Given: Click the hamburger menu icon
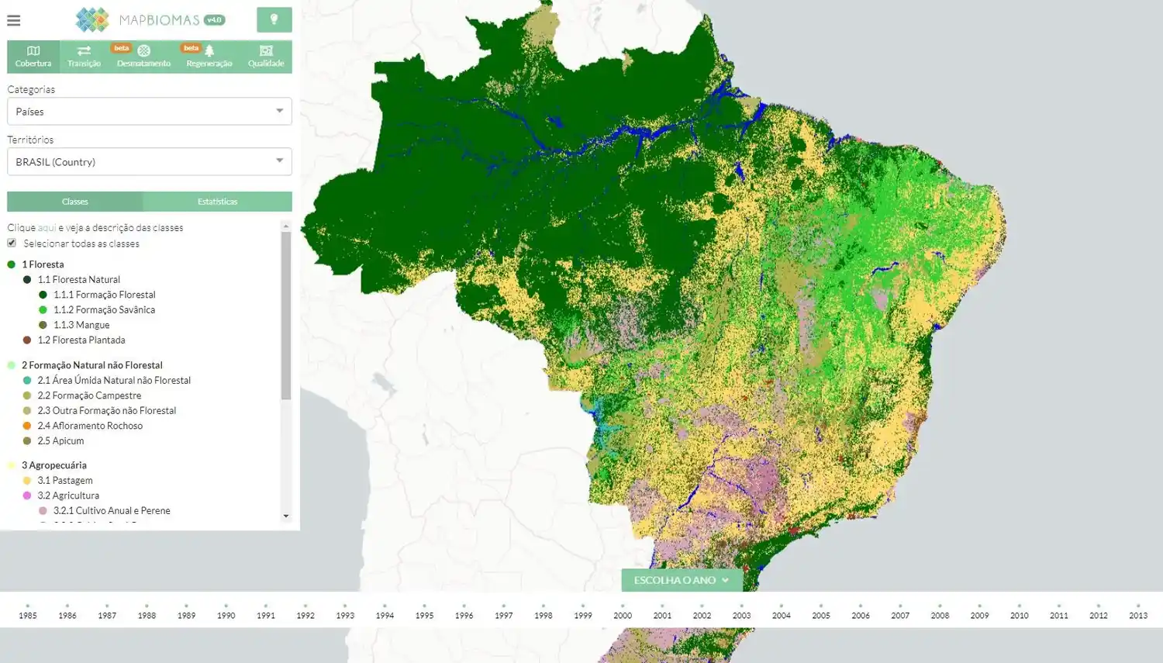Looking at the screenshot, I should click(x=14, y=20).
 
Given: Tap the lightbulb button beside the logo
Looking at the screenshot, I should click(x=274, y=19).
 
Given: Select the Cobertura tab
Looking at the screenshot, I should click(x=33, y=57).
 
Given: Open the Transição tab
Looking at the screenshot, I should click(x=84, y=57).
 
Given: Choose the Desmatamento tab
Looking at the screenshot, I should click(x=143, y=57).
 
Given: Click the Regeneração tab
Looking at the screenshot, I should click(x=209, y=57).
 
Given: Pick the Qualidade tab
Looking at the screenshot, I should click(x=266, y=57).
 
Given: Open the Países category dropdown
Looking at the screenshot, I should click(x=149, y=111).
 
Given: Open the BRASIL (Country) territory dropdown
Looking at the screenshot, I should click(x=149, y=161).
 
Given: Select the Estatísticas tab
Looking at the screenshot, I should click(x=217, y=202).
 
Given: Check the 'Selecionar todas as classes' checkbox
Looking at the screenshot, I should click(x=12, y=243).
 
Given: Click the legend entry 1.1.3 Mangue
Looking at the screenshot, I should click(x=81, y=325).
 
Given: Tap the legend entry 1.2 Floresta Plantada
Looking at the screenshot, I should click(x=81, y=340).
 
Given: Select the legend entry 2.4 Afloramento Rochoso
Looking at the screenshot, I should click(x=89, y=426).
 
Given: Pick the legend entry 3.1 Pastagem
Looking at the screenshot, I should click(x=64, y=480).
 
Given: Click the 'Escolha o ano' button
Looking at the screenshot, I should click(x=682, y=580).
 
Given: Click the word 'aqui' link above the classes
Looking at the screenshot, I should click(x=47, y=228).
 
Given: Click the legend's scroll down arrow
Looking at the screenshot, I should click(x=286, y=516).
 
